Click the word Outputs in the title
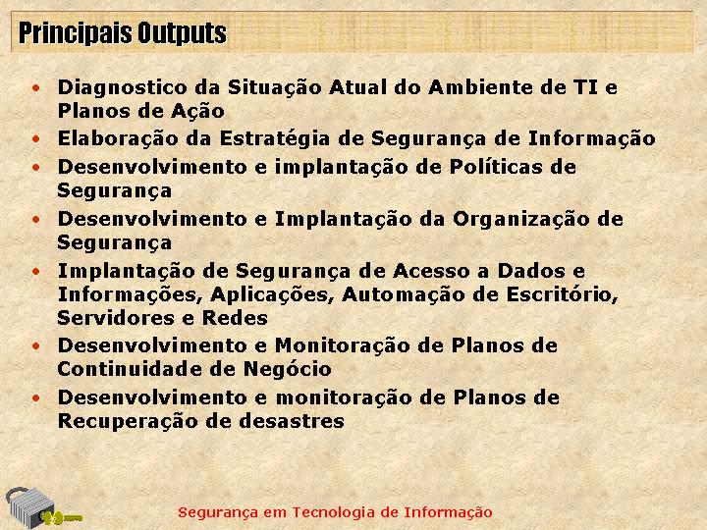pyautogui.click(x=182, y=33)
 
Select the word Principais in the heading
pyautogui.click(x=76, y=33)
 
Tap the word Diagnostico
pyautogui.click(x=122, y=87)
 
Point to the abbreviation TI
pyautogui.click(x=585, y=87)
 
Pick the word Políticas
pyautogui.click(x=496, y=167)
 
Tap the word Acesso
pyautogui.click(x=431, y=271)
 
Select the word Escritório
pyautogui.click(x=563, y=295)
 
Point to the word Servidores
pyautogui.click(x=116, y=318)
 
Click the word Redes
pyautogui.click(x=235, y=318)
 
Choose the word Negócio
pyautogui.click(x=288, y=369)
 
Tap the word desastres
pyautogui.click(x=292, y=421)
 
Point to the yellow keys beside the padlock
pyautogui.click(x=62, y=518)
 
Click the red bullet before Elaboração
pyautogui.click(x=36, y=138)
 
